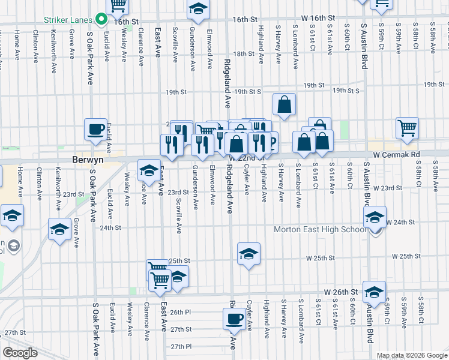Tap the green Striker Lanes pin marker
coord(101,19)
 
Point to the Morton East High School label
coord(319,230)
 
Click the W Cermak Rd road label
coord(394,154)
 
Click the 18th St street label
coord(244,53)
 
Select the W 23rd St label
coord(387,188)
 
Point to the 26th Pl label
coord(179,312)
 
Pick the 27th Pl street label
coord(179,347)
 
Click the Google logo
coord(20,353)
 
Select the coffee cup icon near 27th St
coord(234,318)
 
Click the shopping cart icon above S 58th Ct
coord(407,127)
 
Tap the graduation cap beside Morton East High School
coord(375,218)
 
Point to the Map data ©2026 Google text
coord(411,355)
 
